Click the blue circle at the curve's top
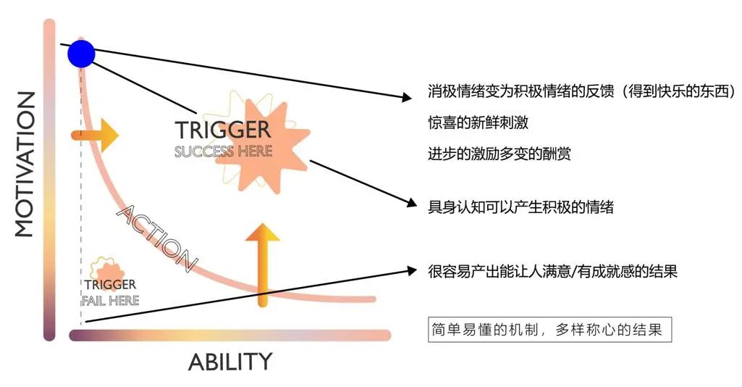[x=81, y=53]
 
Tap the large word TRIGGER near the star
[x=222, y=130]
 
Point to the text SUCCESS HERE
[x=223, y=151]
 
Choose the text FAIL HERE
[x=110, y=300]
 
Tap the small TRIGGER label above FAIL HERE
[x=110, y=285]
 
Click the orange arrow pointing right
[x=95, y=135]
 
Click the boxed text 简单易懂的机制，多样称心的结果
[x=549, y=330]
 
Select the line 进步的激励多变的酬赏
[x=499, y=154]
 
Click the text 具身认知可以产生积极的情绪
[x=520, y=207]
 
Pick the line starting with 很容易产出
[x=552, y=272]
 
